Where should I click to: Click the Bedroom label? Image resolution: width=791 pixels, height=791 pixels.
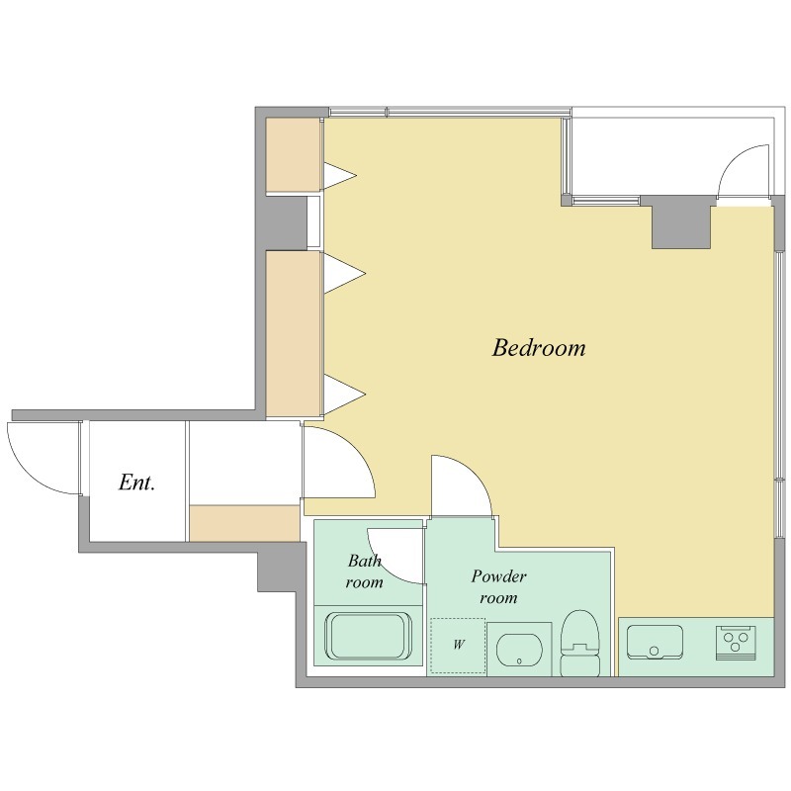539,348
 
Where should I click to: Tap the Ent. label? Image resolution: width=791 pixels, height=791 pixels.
136,483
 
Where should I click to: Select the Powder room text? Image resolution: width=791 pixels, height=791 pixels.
499,586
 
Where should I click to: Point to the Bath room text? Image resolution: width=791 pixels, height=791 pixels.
364,571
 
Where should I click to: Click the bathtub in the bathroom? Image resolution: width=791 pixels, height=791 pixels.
368,636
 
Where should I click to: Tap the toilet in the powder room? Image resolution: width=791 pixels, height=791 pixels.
580,644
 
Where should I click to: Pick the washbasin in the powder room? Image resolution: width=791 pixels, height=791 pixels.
519,649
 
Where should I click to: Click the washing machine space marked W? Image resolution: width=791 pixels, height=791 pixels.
458,647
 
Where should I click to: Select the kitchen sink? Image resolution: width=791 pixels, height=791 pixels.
655,642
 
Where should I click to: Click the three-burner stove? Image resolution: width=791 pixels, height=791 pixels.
736,643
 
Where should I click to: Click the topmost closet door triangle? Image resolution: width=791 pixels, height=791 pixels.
339,176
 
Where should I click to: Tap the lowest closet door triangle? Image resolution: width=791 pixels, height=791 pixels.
343,395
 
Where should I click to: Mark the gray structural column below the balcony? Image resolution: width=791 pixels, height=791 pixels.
681,221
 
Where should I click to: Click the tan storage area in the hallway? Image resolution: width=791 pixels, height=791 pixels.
244,524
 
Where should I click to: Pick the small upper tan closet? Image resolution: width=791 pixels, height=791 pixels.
293,154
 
